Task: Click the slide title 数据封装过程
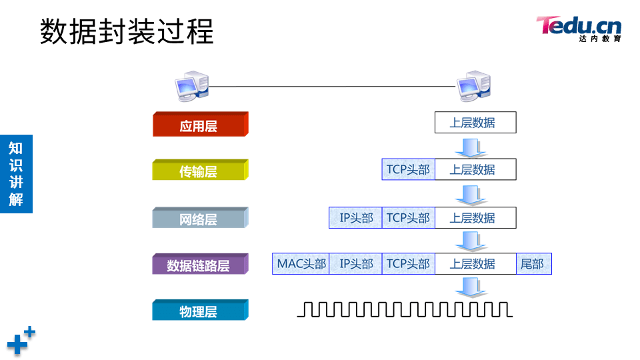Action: click(127, 32)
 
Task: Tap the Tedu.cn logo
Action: click(579, 29)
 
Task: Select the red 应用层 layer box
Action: click(199, 125)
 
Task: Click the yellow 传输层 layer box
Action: click(199, 171)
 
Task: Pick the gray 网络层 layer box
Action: click(199, 219)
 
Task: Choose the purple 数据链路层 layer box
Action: click(199, 265)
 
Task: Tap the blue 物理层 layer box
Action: click(199, 311)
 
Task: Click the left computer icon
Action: click(191, 86)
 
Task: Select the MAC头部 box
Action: click(301, 264)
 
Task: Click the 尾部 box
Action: click(533, 264)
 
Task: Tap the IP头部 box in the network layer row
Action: click(355, 218)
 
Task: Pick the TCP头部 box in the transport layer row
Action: click(408, 169)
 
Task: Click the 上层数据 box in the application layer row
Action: click(475, 123)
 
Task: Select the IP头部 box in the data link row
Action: click(355, 264)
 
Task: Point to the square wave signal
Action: click(405, 309)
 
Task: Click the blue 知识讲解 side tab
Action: click(16, 173)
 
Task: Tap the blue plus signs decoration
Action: click(21, 340)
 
